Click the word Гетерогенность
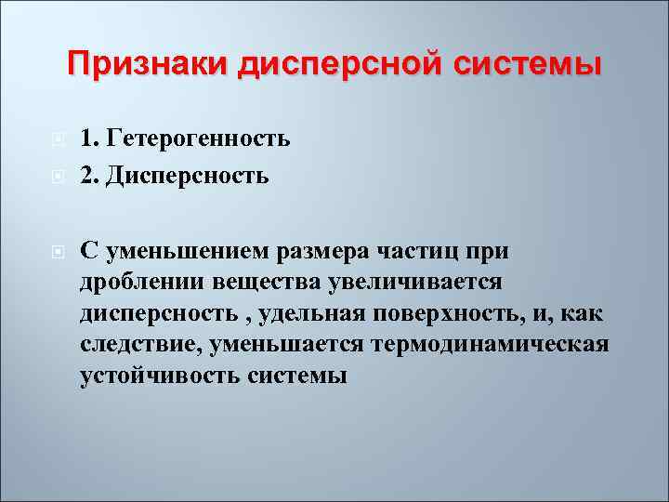[x=199, y=139]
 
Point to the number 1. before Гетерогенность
[x=90, y=139]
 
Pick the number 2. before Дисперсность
[x=90, y=174]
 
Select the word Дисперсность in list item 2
[x=188, y=174]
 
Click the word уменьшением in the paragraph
[x=180, y=250]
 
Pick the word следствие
[x=140, y=345]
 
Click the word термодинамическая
[x=491, y=345]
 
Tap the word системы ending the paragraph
[x=297, y=376]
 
